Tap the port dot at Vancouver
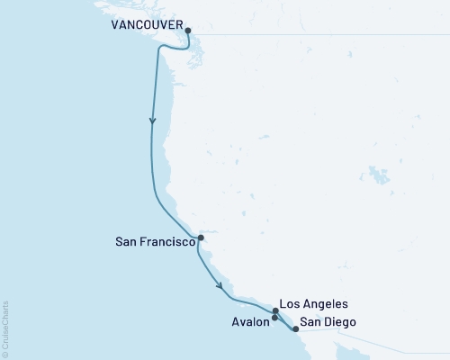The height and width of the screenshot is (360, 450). point(187,31)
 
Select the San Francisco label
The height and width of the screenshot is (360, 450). point(156,242)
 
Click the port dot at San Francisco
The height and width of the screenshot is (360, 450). point(201,238)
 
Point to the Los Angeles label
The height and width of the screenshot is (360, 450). point(314,304)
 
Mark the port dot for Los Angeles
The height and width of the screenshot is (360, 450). point(275,310)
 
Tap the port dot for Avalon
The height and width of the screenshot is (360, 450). point(274,318)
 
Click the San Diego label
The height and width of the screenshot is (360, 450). point(327,322)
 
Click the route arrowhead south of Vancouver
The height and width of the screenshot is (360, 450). point(153,121)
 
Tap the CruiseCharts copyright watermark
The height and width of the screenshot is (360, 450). point(5,328)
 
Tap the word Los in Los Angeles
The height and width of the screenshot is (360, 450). point(290,304)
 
